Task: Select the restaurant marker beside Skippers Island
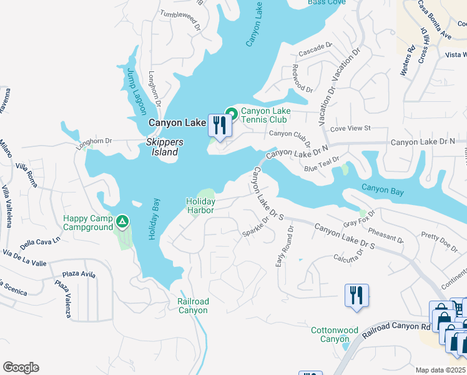[219, 126]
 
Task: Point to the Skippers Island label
[165, 147]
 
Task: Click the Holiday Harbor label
[200, 206]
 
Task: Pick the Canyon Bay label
[383, 189]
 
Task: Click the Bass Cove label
[327, 2]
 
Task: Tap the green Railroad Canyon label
[192, 306]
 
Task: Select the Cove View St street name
[350, 128]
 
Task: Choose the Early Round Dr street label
[284, 247]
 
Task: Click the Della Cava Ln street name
[40, 242]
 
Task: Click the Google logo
[21, 367]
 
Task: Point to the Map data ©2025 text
[440, 370]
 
